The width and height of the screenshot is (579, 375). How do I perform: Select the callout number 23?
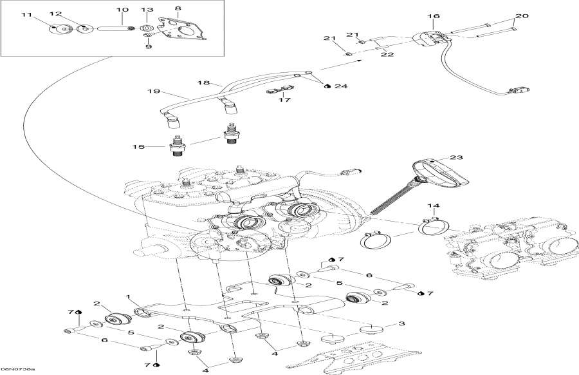click(456, 157)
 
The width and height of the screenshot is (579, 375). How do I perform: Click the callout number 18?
click(203, 83)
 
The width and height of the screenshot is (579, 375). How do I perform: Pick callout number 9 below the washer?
click(147, 46)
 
